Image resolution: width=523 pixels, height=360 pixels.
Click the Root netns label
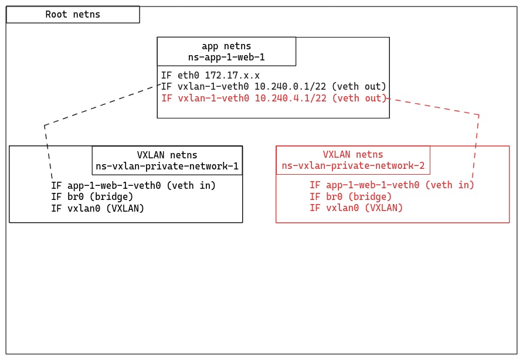(x=73, y=15)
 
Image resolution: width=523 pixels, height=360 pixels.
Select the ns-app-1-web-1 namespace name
(x=226, y=57)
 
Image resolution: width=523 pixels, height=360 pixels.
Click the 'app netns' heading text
(x=226, y=46)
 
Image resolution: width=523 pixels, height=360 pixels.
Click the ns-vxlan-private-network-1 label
(x=167, y=166)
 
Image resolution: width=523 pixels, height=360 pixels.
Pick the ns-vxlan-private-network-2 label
(x=353, y=166)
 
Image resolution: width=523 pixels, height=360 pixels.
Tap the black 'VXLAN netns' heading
(x=167, y=155)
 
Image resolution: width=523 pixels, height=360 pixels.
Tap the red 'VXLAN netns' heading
(x=353, y=155)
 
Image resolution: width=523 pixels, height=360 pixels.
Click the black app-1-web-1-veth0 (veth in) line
(x=133, y=185)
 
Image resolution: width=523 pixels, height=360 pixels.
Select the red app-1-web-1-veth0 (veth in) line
(x=392, y=185)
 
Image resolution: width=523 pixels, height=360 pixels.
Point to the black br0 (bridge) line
(x=92, y=196)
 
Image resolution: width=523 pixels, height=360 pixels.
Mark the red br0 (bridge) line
(x=351, y=196)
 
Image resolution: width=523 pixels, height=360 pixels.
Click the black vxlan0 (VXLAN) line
(x=97, y=208)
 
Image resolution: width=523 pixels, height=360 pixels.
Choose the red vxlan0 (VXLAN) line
(x=356, y=208)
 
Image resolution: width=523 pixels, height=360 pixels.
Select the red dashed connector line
(x=476, y=147)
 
